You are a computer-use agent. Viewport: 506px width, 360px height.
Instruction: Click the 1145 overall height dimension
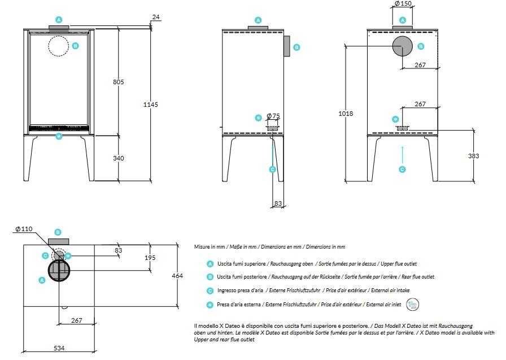pos(151,105)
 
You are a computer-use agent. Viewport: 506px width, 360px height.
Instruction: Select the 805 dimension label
pos(119,82)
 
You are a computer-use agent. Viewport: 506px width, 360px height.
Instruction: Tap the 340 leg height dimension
pos(119,158)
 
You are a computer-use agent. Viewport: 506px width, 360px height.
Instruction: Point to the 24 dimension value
pos(156,17)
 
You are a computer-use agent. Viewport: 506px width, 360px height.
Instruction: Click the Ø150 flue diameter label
pos(403,3)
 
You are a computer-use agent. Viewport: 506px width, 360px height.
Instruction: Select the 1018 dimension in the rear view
pos(346,114)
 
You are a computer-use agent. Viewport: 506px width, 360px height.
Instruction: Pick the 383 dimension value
pos(473,156)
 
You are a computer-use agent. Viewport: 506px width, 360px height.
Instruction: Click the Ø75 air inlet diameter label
pos(273,116)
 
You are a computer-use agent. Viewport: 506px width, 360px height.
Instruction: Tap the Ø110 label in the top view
pos(24,229)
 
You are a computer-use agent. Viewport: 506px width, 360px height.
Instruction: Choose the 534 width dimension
pos(59,348)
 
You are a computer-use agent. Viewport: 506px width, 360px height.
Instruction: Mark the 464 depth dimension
pos(177,276)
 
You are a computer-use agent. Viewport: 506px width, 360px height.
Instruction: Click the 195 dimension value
pos(150,258)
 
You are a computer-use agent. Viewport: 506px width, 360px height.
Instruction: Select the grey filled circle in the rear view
pos(403,46)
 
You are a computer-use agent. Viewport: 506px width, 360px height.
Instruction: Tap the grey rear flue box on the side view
pos(287,46)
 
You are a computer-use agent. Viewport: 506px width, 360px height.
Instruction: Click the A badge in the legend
pos(210,264)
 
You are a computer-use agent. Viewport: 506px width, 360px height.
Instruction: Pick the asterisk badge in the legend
pos(210,305)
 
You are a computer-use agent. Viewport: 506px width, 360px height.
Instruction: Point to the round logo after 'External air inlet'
pos(413,305)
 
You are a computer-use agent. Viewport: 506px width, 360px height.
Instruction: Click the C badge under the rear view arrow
pos(402,170)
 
